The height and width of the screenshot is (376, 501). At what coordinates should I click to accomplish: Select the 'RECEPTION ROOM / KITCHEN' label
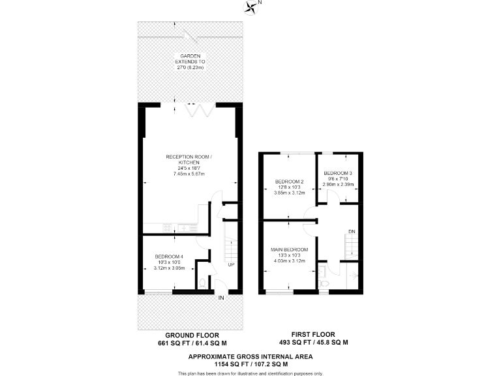[187, 159]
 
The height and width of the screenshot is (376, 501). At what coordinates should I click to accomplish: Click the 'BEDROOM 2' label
[289, 181]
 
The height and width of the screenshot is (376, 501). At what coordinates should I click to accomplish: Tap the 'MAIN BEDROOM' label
[289, 249]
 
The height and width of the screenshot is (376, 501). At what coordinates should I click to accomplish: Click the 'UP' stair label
[231, 264]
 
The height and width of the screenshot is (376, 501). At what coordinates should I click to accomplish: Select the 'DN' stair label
[352, 230]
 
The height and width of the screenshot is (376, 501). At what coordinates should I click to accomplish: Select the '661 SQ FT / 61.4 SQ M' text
[192, 343]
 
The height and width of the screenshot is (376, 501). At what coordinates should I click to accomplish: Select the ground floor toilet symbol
[203, 282]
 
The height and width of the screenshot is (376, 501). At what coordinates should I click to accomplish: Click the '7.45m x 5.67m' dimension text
[187, 174]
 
